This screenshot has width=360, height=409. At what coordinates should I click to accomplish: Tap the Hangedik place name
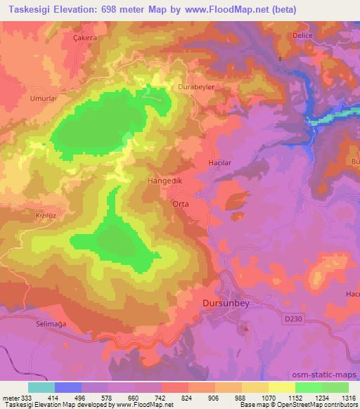(165, 181)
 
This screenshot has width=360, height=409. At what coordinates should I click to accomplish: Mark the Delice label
(302, 34)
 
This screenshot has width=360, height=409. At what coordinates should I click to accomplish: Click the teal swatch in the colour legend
(41, 387)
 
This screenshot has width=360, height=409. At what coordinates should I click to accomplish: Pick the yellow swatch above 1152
(281, 387)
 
